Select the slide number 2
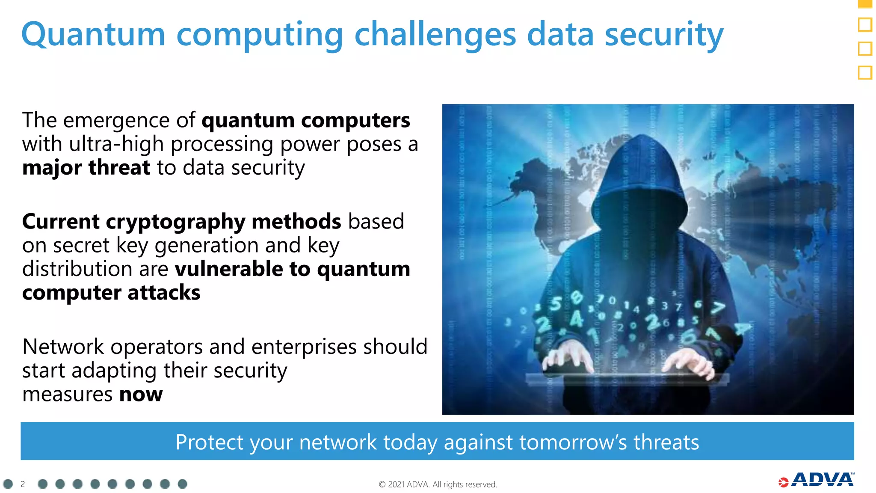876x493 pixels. (x=23, y=484)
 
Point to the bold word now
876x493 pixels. (x=141, y=394)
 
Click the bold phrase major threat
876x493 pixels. (x=86, y=167)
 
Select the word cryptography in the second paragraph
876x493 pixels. (x=175, y=222)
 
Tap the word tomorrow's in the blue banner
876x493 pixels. (x=573, y=442)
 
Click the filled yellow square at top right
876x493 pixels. (x=865, y=3)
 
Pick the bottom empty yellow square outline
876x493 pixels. (x=865, y=72)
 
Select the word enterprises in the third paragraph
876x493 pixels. (x=303, y=347)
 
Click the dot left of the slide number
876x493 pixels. (x=8, y=484)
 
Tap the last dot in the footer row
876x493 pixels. (x=182, y=484)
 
